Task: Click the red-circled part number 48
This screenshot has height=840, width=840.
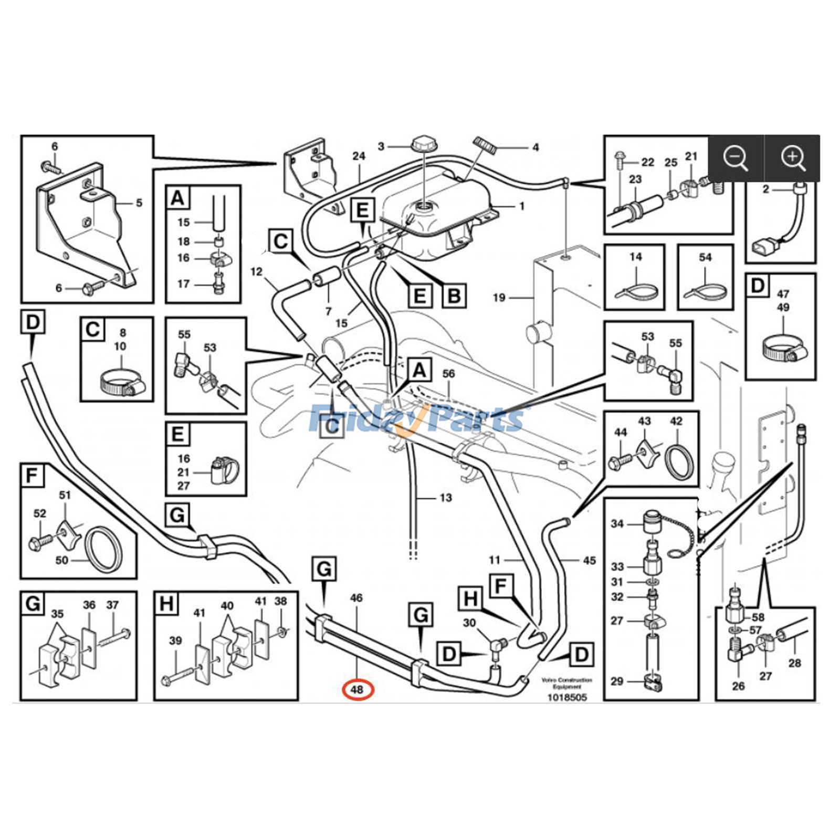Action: pyautogui.click(x=357, y=689)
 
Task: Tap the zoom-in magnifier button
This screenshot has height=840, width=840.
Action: pyautogui.click(x=793, y=157)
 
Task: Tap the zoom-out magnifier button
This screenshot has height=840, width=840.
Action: pyautogui.click(x=736, y=157)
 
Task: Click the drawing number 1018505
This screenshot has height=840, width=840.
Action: pyautogui.click(x=567, y=697)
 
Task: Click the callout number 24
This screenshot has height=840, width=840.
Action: pyautogui.click(x=359, y=156)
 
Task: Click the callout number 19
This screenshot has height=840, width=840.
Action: pyautogui.click(x=499, y=298)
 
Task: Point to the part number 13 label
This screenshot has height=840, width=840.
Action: pyautogui.click(x=445, y=497)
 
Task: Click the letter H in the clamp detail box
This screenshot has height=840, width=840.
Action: pyautogui.click(x=166, y=604)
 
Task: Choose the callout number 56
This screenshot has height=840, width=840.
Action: pyautogui.click(x=448, y=374)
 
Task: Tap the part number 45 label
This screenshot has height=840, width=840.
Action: pyautogui.click(x=589, y=561)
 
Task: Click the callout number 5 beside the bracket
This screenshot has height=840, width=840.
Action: pyautogui.click(x=139, y=203)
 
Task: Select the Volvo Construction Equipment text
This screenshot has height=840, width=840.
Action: pyautogui.click(x=567, y=683)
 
